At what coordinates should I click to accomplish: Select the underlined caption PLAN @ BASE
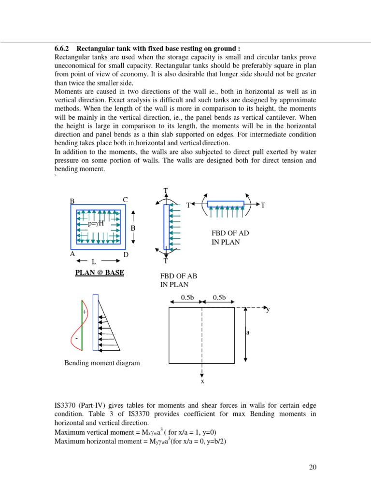click(100, 273)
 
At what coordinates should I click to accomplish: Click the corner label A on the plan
click(72, 253)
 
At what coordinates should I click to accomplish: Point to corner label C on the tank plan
click(125, 200)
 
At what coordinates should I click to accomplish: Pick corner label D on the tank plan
click(126, 254)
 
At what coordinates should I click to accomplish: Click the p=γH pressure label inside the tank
click(96, 224)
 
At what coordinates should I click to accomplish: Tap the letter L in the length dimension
click(94, 261)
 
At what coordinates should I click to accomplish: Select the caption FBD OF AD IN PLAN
click(230, 238)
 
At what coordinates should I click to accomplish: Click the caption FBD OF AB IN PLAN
click(179, 281)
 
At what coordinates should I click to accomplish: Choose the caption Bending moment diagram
click(102, 363)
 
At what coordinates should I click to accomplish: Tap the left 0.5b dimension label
click(187, 298)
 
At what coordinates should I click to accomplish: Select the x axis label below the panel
click(202, 381)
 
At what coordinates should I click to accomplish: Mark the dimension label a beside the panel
click(248, 332)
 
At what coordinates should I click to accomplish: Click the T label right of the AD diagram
click(263, 206)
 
